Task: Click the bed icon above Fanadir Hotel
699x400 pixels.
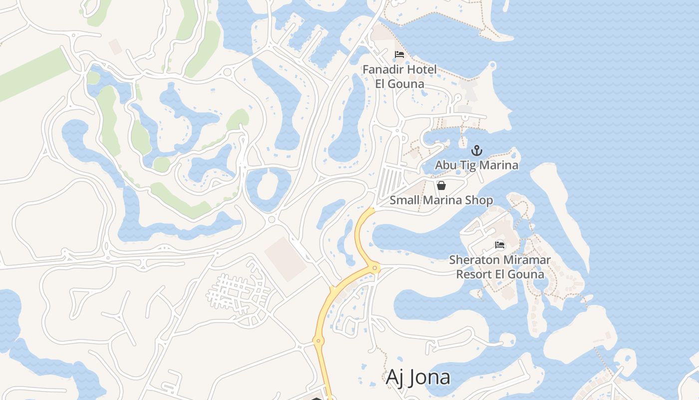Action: [x=399, y=54]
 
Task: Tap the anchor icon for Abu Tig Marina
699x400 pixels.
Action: [x=477, y=150]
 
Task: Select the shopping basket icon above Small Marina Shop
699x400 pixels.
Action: [x=441, y=185]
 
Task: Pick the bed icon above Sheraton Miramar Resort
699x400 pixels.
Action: [x=500, y=245]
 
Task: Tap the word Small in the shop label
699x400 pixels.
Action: [x=404, y=200]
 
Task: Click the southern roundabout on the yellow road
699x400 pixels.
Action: [x=318, y=341]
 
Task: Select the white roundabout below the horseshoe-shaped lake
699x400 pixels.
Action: [x=272, y=219]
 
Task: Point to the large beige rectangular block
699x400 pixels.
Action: [x=286, y=259]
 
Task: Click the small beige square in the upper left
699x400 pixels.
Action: [x=116, y=46]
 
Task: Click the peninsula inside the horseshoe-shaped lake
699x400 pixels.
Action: [x=270, y=184]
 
